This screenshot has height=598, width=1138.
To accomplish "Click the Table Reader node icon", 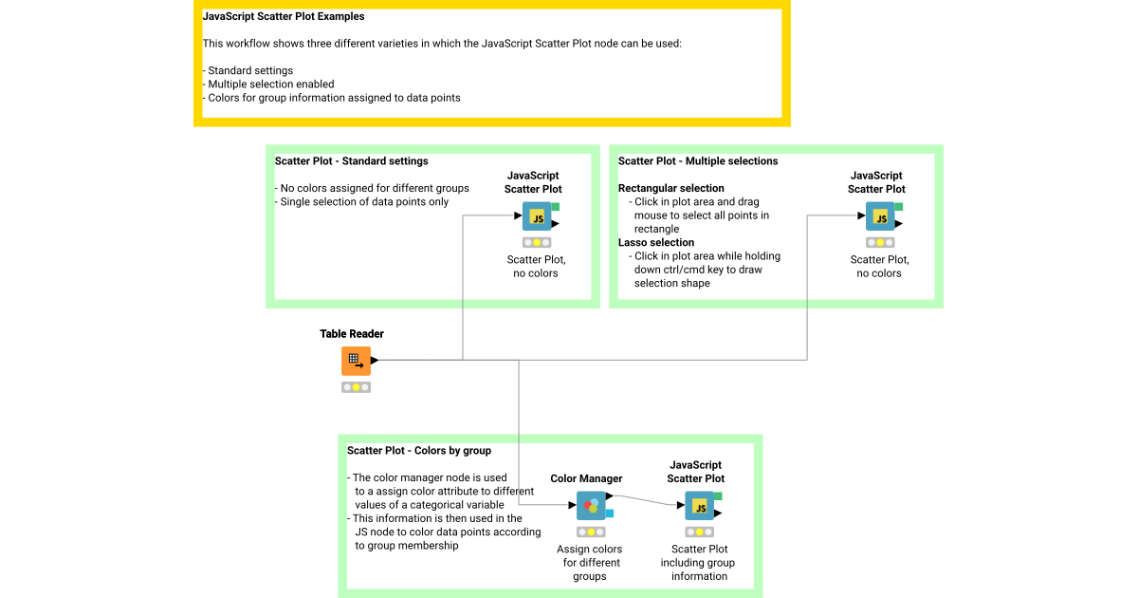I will [356, 361].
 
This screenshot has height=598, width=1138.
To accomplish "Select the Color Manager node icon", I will [591, 506].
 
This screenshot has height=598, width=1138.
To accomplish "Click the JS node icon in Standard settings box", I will [537, 217].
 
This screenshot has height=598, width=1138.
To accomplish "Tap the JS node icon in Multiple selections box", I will [880, 217].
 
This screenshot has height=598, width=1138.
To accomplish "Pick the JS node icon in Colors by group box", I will [700, 507].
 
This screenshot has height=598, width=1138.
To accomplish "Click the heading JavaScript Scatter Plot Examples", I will [284, 16].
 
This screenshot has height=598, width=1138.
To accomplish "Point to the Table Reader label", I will [352, 334].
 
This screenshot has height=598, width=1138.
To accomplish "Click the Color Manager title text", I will [586, 478].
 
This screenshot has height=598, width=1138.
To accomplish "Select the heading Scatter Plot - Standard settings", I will [351, 161].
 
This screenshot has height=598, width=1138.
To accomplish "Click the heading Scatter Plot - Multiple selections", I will [698, 161].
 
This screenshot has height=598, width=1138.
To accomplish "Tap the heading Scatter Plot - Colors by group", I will [419, 450].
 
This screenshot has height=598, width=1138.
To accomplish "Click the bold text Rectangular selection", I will [671, 188].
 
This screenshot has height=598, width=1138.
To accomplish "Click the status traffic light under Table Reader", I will [356, 387].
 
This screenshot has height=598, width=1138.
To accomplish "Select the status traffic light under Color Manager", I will [591, 533].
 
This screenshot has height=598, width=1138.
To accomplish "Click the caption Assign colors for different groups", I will [590, 562].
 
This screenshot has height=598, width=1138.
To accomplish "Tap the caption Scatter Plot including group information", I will [698, 562].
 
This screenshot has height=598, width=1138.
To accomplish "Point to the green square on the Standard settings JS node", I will [555, 206].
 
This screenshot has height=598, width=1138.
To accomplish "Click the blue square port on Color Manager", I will [610, 514].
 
